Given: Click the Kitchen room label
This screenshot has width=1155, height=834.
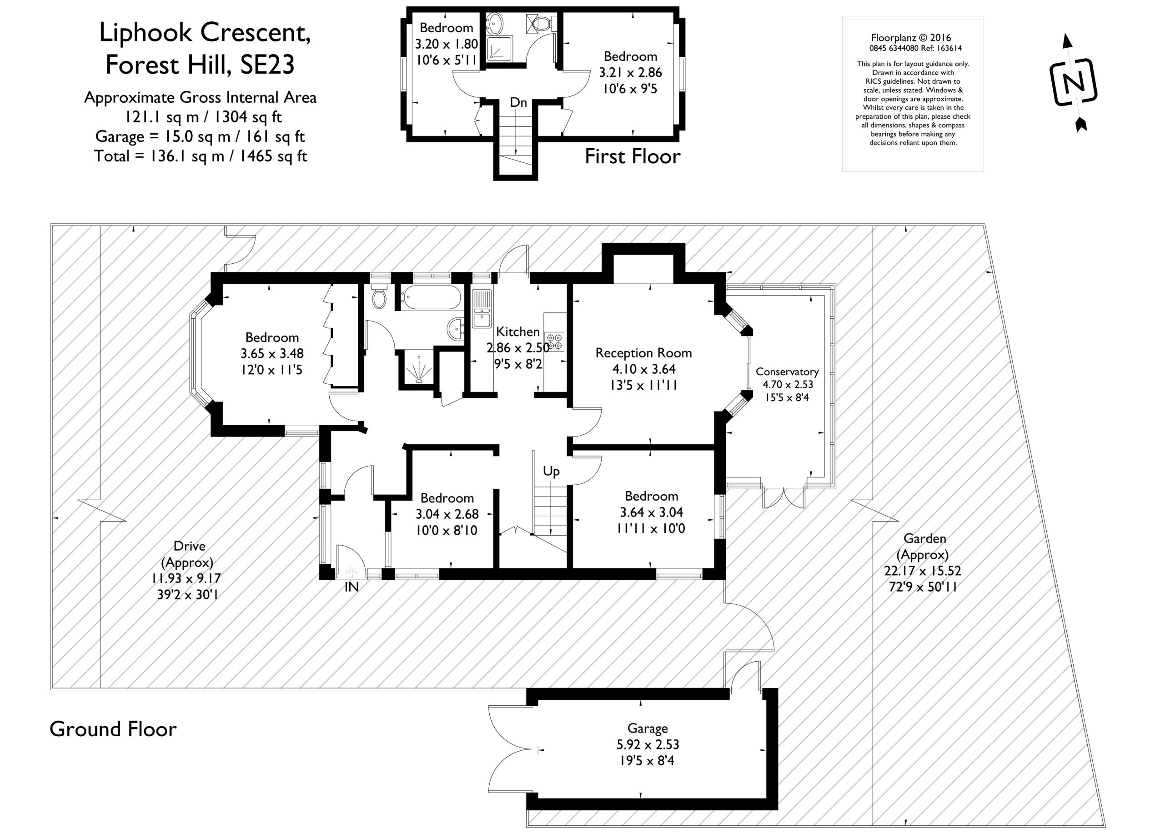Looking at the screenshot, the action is coord(517,332).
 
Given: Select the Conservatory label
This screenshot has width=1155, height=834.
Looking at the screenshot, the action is coord(787,372).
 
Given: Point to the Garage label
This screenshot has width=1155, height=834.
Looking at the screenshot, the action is coord(647,729).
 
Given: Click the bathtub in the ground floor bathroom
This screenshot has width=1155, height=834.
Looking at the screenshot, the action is coord(430,297).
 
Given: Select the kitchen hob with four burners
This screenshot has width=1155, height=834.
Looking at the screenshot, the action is coord(555,341).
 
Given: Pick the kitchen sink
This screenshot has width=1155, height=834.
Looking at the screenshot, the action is coord(481,308).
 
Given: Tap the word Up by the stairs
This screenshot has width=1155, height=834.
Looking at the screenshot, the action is coord(551,472).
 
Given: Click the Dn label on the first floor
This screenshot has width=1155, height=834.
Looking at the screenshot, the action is coord(518,102).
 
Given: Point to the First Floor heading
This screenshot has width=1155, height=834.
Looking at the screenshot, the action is coord(633,156).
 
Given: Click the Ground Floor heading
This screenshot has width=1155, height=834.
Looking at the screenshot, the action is coord(113,729).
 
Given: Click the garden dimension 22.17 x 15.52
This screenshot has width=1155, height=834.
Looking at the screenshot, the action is coord(923,571).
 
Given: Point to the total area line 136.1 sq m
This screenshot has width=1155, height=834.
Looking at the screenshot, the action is coord(200,156).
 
